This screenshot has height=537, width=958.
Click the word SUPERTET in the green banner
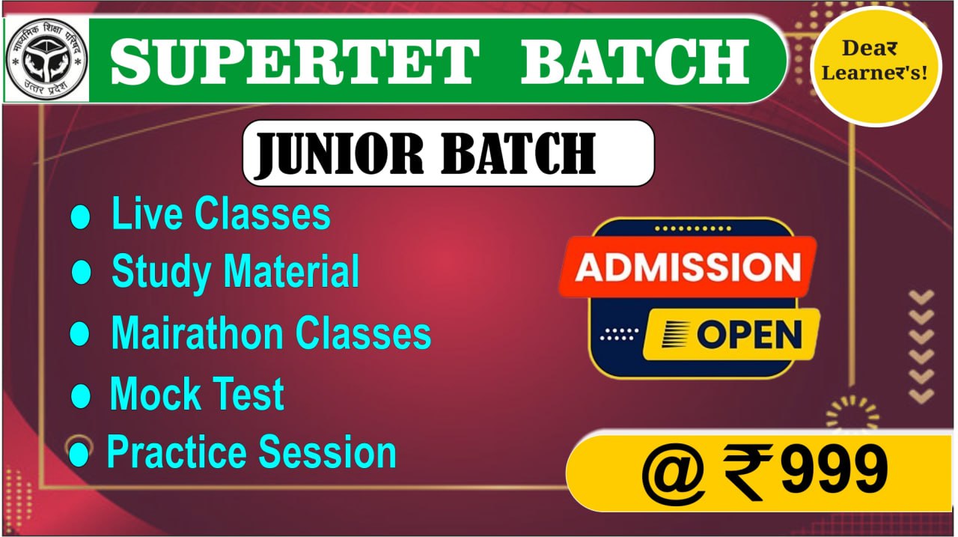point(295,61)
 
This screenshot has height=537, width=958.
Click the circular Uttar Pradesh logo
point(46,60)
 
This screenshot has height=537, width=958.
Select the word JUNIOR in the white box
point(339,154)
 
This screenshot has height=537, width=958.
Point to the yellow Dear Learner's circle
point(876,66)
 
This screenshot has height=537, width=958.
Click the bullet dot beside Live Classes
point(80,216)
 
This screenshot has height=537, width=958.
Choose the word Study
point(161,272)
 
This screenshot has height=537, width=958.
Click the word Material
point(291,270)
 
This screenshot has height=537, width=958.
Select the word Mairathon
point(197,333)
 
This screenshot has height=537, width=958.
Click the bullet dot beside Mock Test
point(80,395)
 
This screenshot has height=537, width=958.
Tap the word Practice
point(177,452)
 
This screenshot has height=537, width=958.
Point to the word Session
point(328,452)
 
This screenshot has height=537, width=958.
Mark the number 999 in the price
point(835,470)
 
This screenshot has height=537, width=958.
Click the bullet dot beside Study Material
point(80,271)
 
